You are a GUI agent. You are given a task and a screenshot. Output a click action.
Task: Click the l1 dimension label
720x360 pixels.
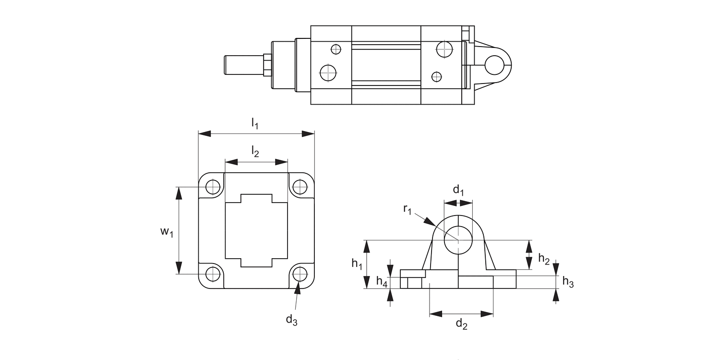pyautogui.click(x=255, y=123)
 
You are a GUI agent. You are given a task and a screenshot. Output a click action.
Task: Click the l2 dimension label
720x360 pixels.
pyautogui.click(x=255, y=152)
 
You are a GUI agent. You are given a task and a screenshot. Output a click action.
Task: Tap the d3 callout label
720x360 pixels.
pyautogui.click(x=291, y=320)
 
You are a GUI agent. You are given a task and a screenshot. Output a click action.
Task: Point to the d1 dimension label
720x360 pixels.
pyautogui.click(x=459, y=190)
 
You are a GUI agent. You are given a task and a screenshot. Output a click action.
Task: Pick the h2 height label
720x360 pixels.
pyautogui.click(x=543, y=259)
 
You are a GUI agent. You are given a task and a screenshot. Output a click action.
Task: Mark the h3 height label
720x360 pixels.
pyautogui.click(x=567, y=282)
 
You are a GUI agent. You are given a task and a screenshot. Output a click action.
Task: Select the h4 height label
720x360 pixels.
pyautogui.click(x=382, y=281)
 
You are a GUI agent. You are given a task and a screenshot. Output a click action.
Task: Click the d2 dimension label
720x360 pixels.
pyautogui.click(x=461, y=324)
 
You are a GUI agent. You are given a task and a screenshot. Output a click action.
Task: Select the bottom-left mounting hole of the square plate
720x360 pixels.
pyautogui.click(x=213, y=274)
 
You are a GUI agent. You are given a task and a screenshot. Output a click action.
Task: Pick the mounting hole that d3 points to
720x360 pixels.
pyautogui.click(x=300, y=274)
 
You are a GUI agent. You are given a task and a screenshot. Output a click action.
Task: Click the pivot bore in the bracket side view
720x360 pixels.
pyautogui.click(x=458, y=240)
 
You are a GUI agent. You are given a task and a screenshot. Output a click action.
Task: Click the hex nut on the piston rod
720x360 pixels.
pyautogui.click(x=267, y=65)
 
